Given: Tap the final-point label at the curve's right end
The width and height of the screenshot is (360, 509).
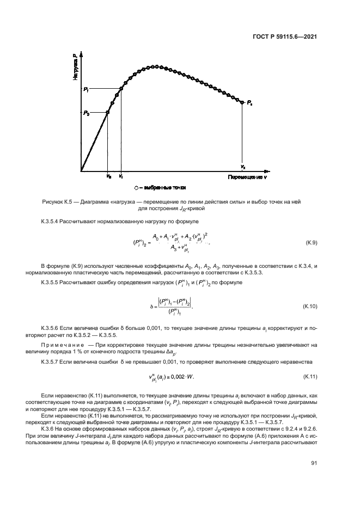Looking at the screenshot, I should [x=249, y=102].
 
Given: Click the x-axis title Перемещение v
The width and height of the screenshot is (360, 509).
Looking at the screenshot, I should [x=247, y=177].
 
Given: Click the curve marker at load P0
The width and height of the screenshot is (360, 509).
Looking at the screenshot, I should [x=107, y=113].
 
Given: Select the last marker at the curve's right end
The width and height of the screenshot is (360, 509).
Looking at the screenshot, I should [x=242, y=102].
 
